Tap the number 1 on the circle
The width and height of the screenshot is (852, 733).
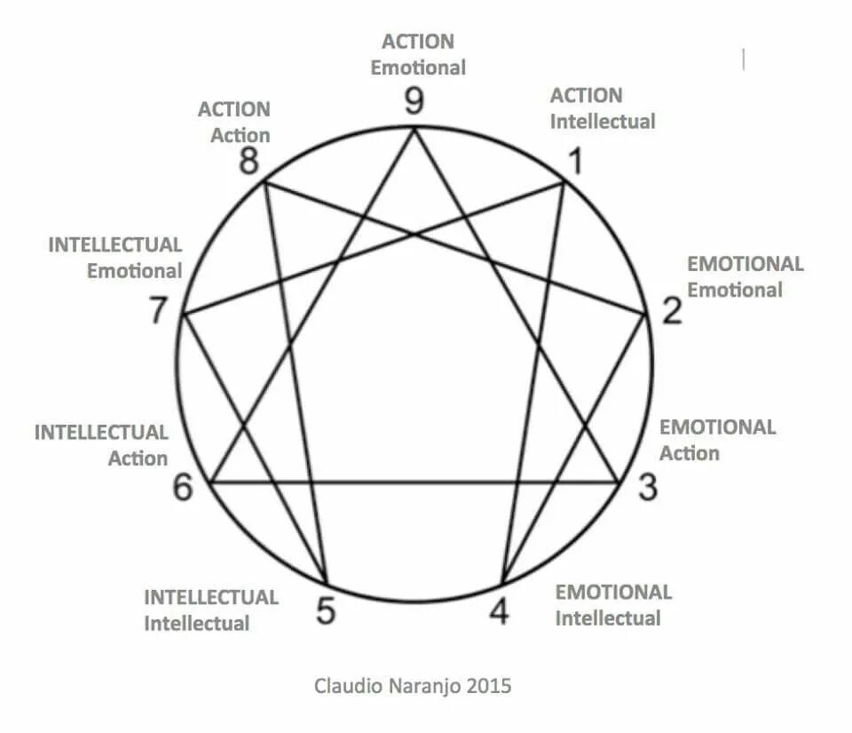click(576, 163)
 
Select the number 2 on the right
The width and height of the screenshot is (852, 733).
click(672, 311)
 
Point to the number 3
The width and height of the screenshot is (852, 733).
click(648, 488)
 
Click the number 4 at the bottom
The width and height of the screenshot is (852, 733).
click(501, 611)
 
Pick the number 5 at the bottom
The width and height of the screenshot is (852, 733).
click(327, 611)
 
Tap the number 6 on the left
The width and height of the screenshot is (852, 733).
click(183, 488)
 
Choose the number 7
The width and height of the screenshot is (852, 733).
click(158, 312)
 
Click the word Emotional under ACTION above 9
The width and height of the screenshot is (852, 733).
click(418, 68)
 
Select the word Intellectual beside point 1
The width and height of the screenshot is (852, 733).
click(603, 121)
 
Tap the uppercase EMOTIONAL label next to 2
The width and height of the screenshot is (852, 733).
click(745, 264)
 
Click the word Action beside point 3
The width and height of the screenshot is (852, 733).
click(690, 453)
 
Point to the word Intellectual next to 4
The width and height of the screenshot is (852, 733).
click(608, 618)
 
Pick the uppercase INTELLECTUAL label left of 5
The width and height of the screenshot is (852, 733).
click(211, 597)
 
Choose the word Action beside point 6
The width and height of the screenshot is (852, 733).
click(138, 458)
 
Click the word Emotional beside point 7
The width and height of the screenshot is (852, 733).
click(134, 270)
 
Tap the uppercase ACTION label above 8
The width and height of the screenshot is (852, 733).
click(234, 110)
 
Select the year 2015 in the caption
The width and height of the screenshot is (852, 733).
click(489, 686)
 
